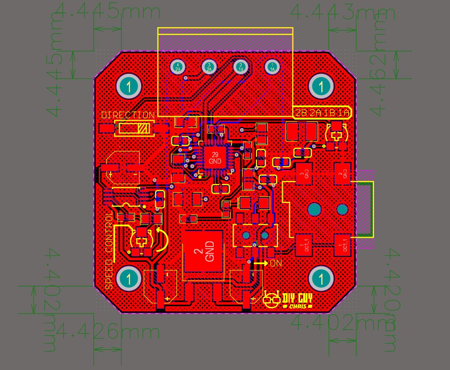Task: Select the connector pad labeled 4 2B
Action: click(178, 67)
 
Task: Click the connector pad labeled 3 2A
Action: click(209, 67)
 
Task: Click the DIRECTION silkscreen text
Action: click(128, 115)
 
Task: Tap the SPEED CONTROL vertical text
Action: click(109, 250)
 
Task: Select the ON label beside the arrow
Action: click(276, 262)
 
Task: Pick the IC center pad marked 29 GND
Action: click(215, 158)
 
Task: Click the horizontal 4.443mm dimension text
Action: click(343, 13)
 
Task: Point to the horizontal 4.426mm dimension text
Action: click(108, 332)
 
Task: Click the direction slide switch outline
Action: click(134, 128)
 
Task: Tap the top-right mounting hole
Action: click(321, 87)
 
